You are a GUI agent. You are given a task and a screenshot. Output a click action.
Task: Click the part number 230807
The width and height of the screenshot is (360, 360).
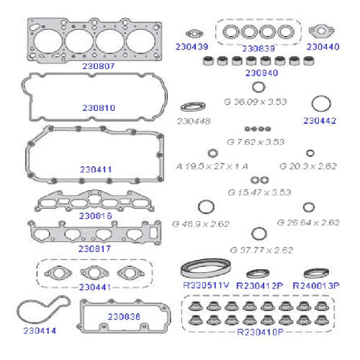[98, 66]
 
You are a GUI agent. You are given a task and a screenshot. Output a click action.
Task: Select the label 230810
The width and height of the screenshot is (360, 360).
[98, 107]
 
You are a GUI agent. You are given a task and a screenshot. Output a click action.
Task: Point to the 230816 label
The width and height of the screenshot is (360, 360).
[96, 215]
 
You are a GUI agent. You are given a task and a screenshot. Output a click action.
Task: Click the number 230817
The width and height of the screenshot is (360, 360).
[96, 248]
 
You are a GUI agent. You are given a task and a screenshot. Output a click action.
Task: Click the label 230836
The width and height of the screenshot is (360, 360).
[125, 316]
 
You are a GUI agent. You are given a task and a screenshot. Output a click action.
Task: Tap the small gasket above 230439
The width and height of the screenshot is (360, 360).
[192, 33]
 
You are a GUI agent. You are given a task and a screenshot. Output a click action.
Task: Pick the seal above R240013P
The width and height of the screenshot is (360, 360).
[315, 273]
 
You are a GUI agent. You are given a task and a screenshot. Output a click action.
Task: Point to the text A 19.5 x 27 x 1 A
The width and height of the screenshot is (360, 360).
[212, 165]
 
